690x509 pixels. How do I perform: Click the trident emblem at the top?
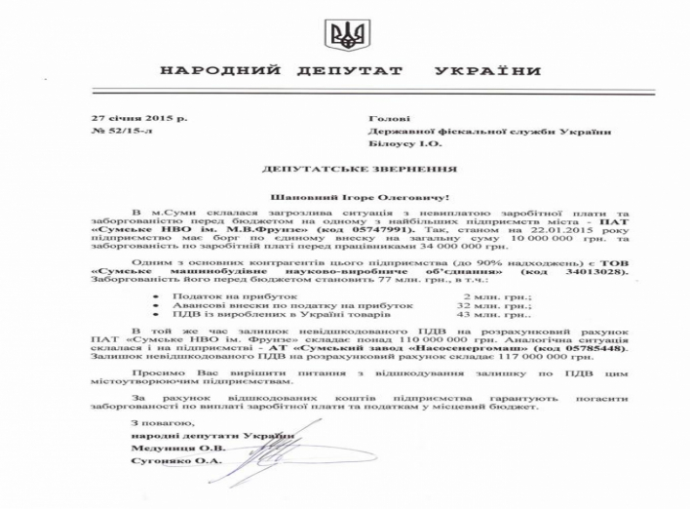pos(345,38)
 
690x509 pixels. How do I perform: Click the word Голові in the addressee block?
pos(383,117)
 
